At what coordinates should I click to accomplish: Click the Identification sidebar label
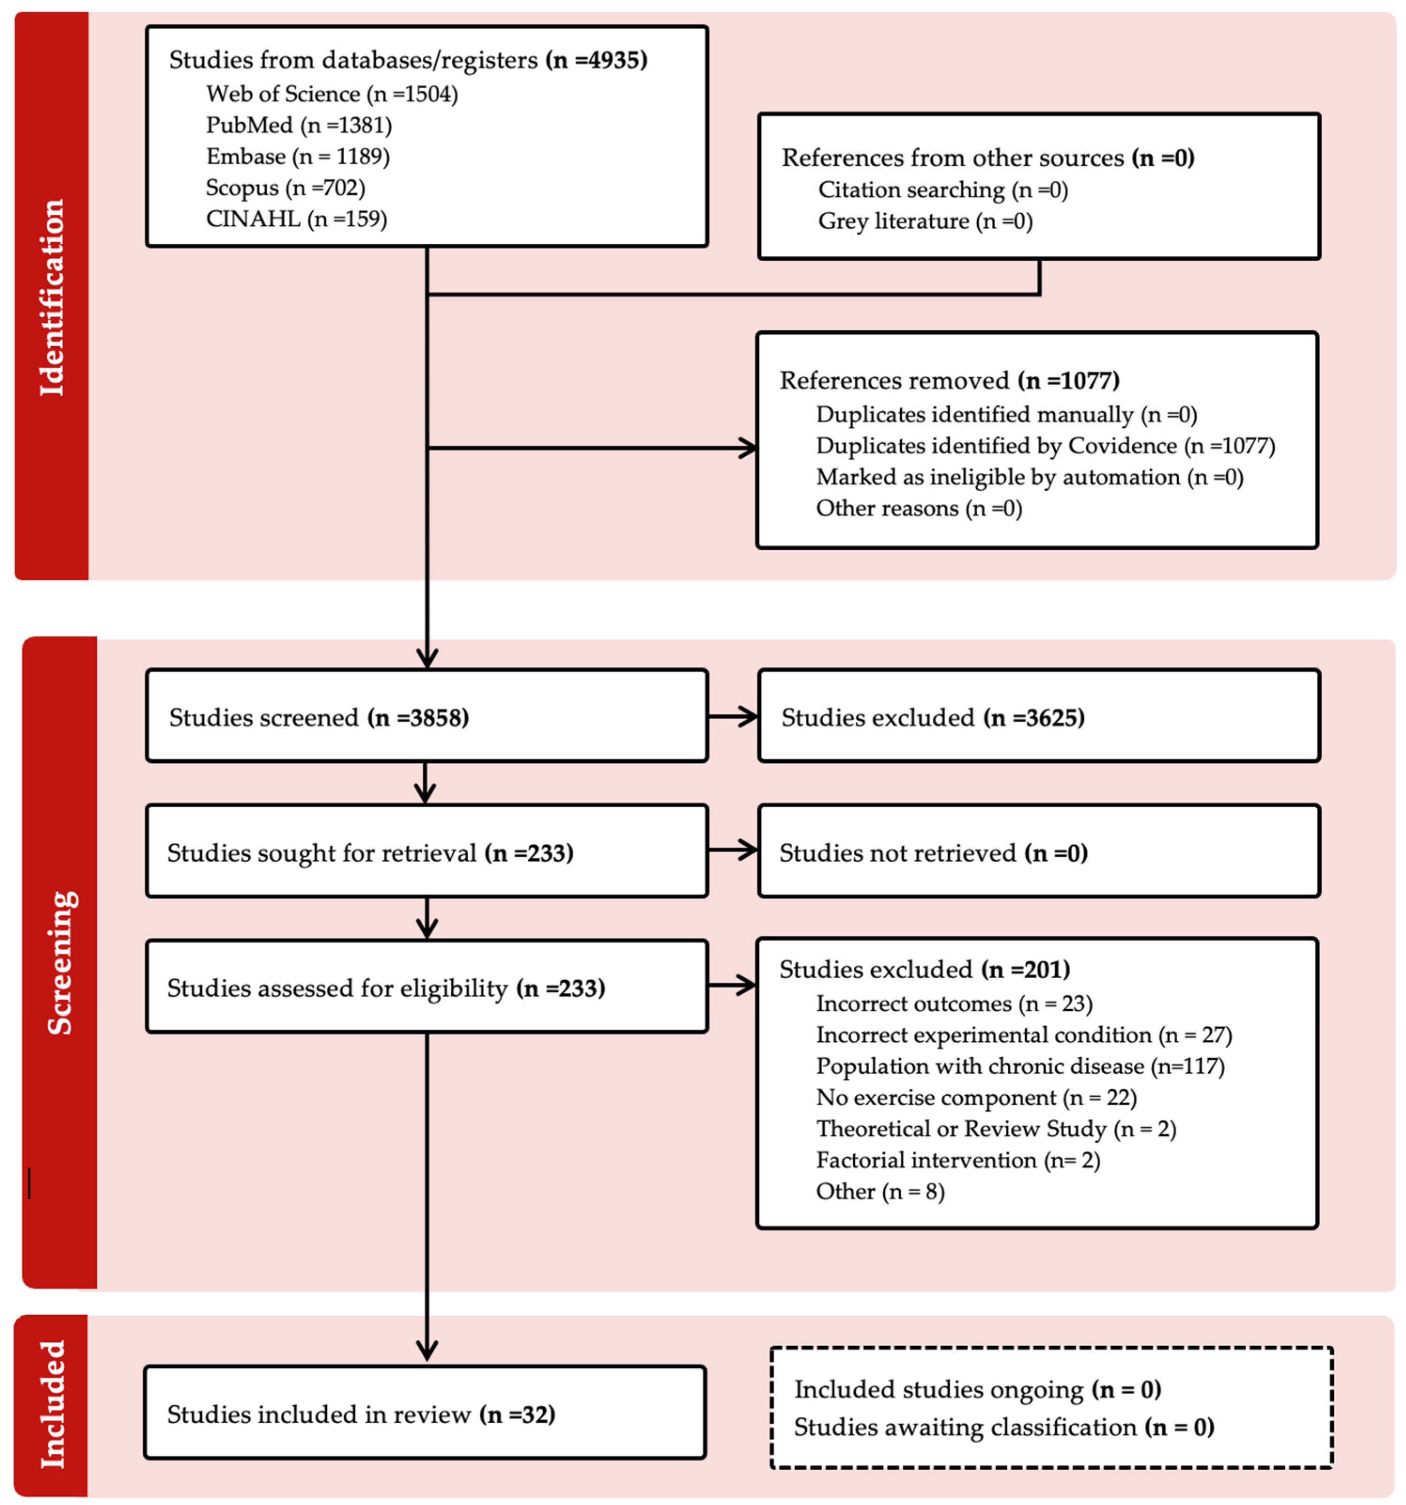(x=52, y=297)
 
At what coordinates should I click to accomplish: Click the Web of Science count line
(x=332, y=94)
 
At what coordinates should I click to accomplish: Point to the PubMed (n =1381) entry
(x=299, y=125)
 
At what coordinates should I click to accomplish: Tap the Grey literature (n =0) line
(x=925, y=221)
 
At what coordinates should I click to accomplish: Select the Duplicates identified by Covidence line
(x=1045, y=446)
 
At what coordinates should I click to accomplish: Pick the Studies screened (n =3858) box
(x=427, y=716)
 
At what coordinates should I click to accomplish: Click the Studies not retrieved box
(x=1038, y=851)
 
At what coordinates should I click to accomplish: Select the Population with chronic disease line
(x=1020, y=1066)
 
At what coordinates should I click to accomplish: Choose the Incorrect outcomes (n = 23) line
(x=953, y=1004)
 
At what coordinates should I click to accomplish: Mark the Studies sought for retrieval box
(x=427, y=851)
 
